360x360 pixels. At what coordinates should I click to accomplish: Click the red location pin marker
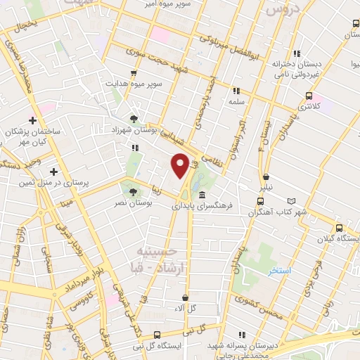(181, 165)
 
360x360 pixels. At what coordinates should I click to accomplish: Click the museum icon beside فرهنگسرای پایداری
(202, 195)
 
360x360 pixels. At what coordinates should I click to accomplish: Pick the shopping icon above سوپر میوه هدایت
(134, 72)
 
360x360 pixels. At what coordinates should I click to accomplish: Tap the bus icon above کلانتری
(309, 96)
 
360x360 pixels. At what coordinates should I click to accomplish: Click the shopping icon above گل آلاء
(185, 297)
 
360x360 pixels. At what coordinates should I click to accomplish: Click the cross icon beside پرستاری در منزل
(53, 171)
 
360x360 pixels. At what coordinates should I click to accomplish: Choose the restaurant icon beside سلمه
(236, 90)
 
